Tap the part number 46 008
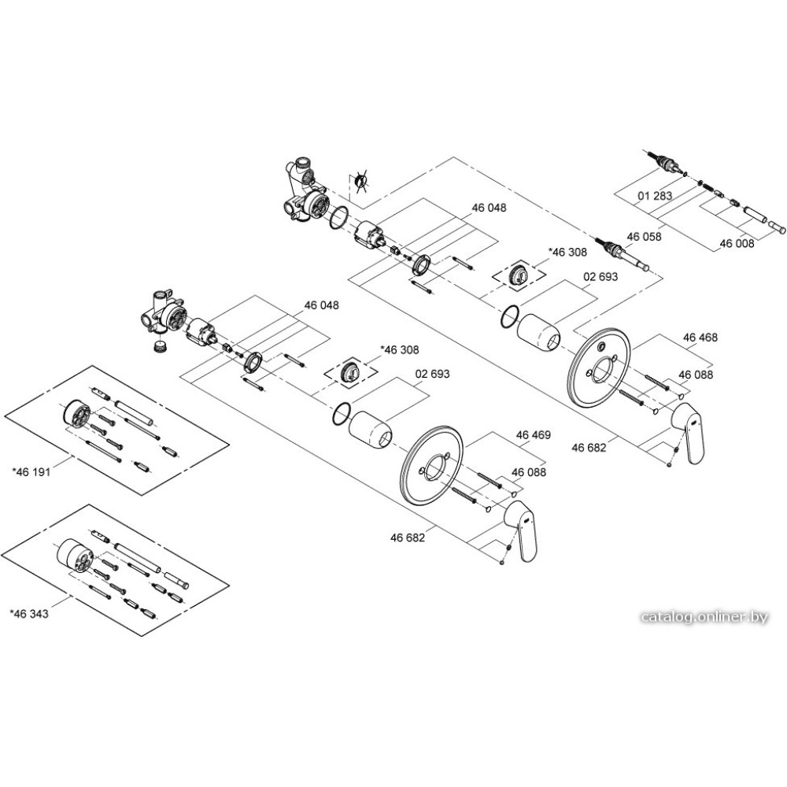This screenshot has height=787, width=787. coord(737,244)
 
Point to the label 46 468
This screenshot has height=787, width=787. coord(700,338)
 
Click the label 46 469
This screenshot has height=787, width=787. coord(533,435)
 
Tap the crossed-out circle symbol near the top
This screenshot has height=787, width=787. coord(361,183)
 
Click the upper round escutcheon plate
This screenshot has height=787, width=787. coord(599,366)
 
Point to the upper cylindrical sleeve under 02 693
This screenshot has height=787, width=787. coord(539,330)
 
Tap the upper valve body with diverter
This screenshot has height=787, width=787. coord(307,191)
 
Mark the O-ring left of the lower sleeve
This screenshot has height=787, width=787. coord(341,413)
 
